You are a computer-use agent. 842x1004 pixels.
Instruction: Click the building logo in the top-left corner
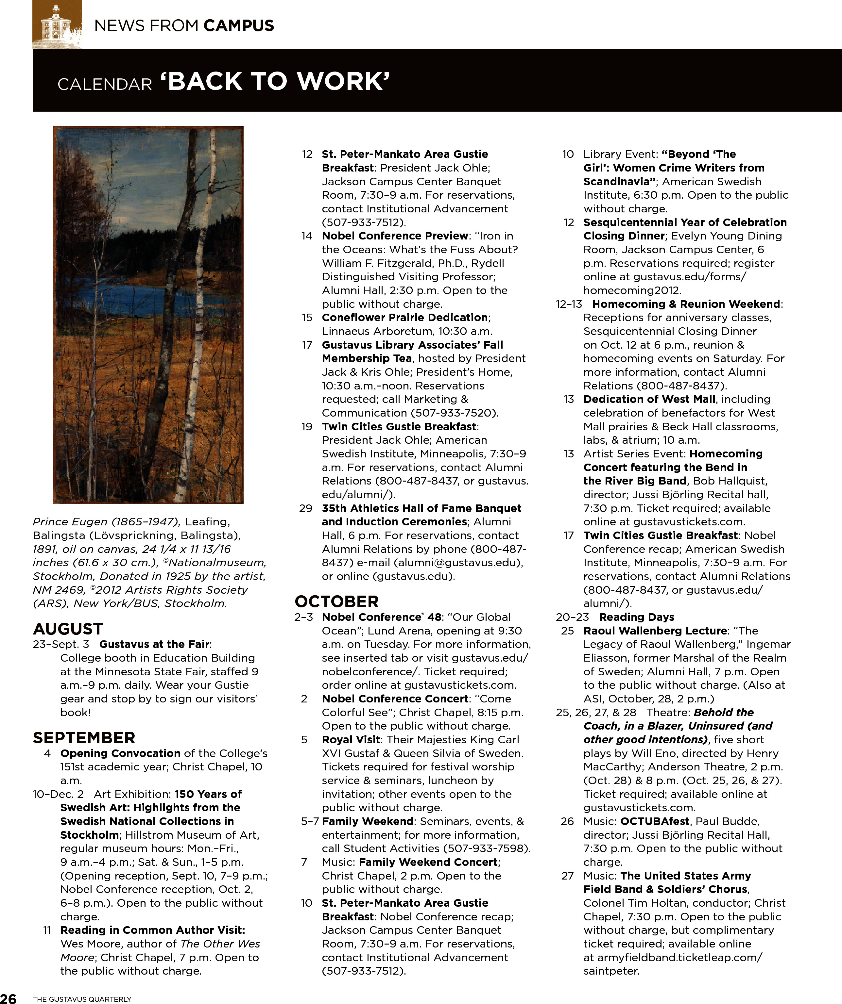click(x=57, y=24)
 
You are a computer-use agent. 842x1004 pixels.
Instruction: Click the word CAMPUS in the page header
click(x=239, y=25)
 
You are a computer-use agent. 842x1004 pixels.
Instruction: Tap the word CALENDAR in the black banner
click(x=104, y=85)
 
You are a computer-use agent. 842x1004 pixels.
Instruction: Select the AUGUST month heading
click(x=68, y=629)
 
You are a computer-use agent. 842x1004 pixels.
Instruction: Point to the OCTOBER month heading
click(x=337, y=601)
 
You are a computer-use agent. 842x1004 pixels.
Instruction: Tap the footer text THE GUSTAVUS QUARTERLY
click(x=82, y=999)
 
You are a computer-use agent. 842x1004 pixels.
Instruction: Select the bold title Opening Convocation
click(x=120, y=753)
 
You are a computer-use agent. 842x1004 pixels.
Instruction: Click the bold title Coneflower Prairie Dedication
click(x=405, y=318)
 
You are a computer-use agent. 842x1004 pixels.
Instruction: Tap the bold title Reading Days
click(x=636, y=617)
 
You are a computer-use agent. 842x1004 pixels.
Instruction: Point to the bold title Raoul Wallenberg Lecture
click(x=654, y=631)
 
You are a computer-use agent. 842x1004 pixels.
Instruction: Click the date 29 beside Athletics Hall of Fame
click(x=306, y=508)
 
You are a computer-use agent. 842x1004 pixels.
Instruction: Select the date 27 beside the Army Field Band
click(x=567, y=876)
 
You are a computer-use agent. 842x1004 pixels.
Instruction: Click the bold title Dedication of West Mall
click(x=649, y=399)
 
